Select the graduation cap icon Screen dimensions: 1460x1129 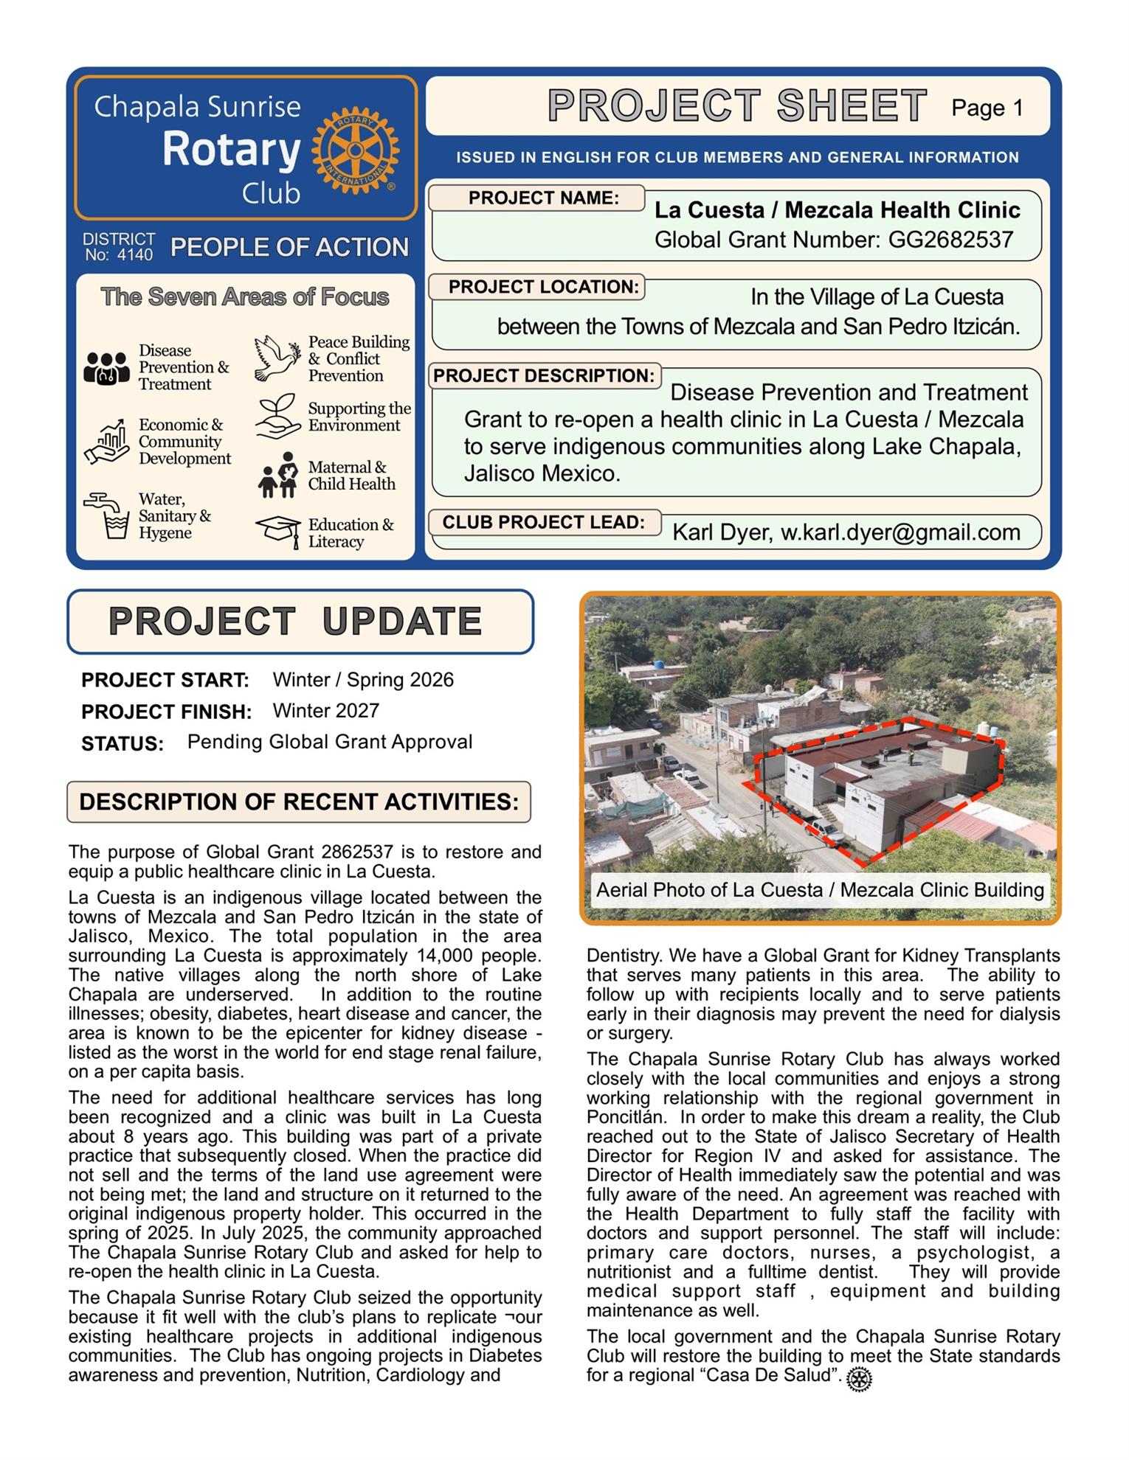pos(277,529)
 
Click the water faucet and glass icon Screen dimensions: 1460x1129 pos(107,515)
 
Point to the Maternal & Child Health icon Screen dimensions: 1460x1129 pos(277,475)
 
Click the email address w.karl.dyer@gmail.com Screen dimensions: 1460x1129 pos(900,532)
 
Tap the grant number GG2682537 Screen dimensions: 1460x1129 pos(950,240)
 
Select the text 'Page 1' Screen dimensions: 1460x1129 pos(987,108)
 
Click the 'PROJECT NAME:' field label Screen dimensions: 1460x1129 pos(544,198)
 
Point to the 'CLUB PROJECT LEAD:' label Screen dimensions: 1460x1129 pos(544,522)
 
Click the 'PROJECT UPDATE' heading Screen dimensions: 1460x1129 pos(295,621)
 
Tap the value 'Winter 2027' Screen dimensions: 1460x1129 pos(325,711)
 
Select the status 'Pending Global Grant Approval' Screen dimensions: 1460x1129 pos(330,742)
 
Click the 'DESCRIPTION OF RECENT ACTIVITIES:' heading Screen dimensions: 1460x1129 pos(299,802)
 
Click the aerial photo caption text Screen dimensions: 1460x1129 pos(820,890)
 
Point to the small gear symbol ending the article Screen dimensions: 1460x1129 pos(859,1379)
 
